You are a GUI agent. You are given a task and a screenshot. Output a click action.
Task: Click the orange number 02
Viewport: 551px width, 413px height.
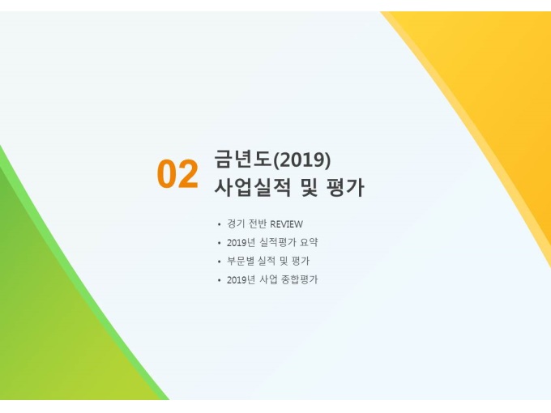point(177,175)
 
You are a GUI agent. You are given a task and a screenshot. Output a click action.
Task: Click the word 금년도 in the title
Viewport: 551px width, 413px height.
point(243,159)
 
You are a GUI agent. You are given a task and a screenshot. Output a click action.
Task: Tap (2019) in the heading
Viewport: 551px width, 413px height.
point(302,160)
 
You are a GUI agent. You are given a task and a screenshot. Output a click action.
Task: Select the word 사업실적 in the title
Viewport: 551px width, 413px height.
point(253,187)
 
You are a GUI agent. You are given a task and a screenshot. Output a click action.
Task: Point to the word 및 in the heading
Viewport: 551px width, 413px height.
point(310,187)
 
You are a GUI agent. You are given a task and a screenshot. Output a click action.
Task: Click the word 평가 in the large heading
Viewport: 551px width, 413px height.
point(345,187)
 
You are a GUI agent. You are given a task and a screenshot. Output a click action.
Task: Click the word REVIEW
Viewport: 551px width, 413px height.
point(286,224)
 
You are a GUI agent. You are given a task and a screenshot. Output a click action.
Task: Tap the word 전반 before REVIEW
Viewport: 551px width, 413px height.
point(258,224)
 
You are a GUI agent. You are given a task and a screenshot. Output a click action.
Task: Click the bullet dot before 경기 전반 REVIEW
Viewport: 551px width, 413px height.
point(220,224)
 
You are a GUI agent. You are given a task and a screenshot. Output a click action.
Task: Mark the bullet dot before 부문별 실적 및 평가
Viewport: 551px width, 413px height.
point(220,262)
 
